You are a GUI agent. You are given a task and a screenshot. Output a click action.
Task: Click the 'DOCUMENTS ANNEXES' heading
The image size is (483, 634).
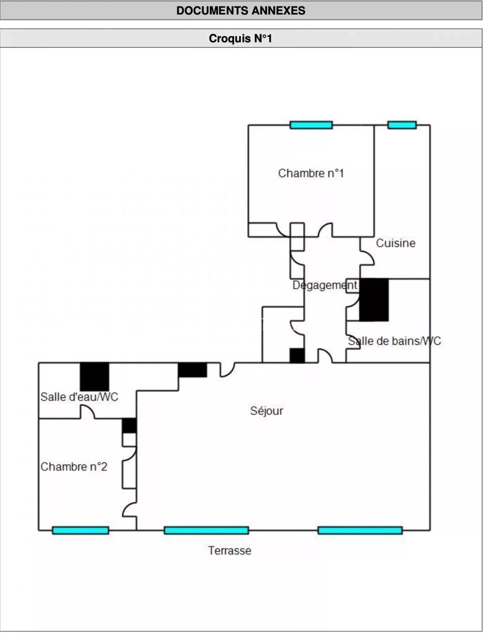coord(241,11)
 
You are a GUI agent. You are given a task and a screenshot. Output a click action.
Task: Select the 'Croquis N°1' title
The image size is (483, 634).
coord(241,39)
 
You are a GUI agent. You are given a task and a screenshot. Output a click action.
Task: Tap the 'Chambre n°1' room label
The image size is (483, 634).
coord(311,173)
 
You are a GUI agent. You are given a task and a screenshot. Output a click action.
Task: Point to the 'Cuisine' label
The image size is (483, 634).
coord(396,243)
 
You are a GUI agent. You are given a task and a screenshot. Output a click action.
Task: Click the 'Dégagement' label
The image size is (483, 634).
coord(325,285)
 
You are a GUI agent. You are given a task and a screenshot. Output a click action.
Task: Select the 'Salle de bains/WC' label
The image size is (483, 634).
coord(394,341)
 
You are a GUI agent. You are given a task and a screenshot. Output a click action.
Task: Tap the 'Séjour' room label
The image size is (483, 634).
coord(267,411)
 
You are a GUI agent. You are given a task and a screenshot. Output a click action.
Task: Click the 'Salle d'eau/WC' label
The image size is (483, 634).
coord(79,397)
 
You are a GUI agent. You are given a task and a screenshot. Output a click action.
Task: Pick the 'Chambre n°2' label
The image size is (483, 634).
coord(74,467)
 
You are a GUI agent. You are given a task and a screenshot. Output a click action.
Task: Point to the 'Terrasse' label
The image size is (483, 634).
coord(229,550)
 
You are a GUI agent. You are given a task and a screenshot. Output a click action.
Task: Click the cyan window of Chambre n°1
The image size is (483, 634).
coord(311,125)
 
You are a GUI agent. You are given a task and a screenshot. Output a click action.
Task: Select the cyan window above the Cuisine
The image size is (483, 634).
coord(402,125)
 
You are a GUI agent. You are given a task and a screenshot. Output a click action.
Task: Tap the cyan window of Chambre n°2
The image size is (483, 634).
coord(80,530)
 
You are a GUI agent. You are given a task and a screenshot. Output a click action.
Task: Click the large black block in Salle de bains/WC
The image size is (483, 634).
coord(374,300)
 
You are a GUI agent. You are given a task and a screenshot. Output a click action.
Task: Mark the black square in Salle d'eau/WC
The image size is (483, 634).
coord(94,376)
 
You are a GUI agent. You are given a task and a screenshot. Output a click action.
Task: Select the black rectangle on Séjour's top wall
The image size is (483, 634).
coord(192,370)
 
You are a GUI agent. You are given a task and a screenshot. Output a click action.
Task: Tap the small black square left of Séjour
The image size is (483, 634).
coord(129,425)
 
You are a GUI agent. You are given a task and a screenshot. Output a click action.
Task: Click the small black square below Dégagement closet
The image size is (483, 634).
coord(297,355)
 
